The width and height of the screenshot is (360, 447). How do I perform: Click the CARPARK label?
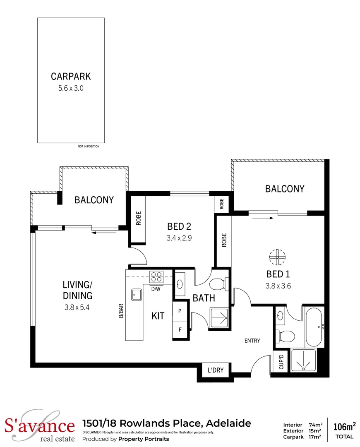[x=71, y=76]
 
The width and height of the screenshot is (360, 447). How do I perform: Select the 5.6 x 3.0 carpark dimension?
[x=71, y=88]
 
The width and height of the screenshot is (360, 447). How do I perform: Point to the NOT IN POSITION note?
[x=89, y=147]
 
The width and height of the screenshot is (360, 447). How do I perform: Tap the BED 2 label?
[x=179, y=226]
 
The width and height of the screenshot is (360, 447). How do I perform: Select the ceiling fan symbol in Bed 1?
[x=277, y=257]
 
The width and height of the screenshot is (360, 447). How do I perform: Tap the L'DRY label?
[x=215, y=370]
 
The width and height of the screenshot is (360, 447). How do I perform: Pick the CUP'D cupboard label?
[x=281, y=362]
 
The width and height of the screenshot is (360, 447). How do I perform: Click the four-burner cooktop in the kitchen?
[x=157, y=276]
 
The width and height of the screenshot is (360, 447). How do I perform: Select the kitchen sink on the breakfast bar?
[x=137, y=295]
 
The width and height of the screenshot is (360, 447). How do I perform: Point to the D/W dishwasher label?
[x=156, y=289]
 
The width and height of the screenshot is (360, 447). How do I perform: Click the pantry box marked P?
[x=180, y=311]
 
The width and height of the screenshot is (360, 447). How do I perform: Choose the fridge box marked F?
[x=180, y=330]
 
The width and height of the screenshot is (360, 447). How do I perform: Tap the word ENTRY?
[x=252, y=341]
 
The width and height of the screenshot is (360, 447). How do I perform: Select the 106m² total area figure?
[x=344, y=426]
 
